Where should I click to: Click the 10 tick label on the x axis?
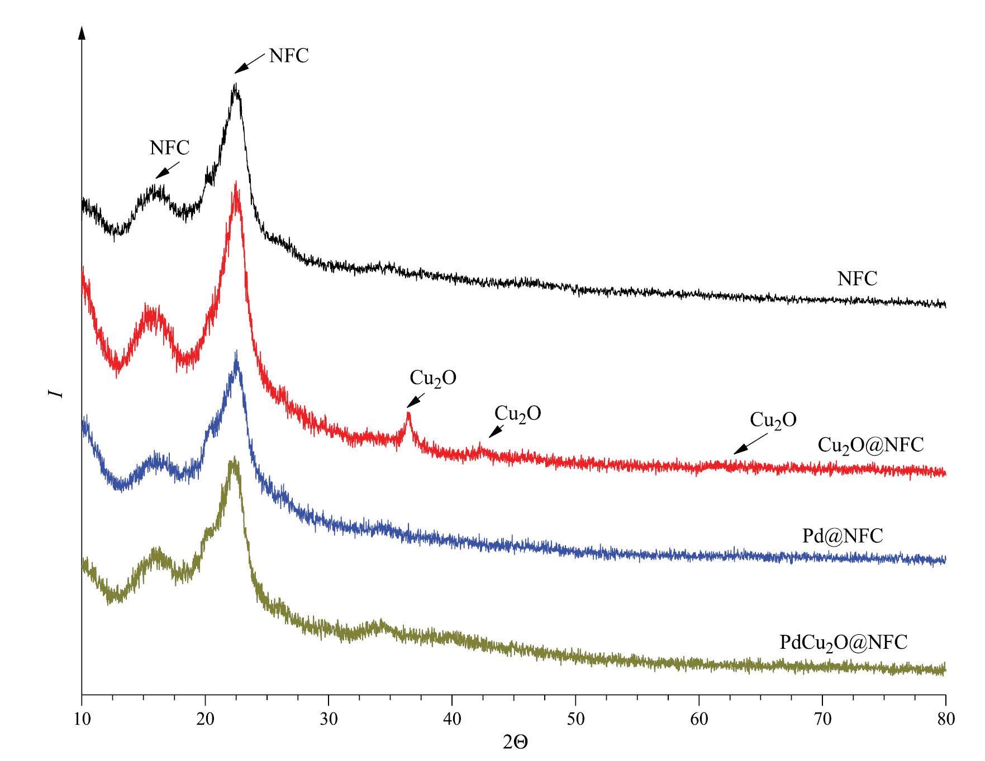[x=82, y=720]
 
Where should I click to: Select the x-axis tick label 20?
[x=205, y=720]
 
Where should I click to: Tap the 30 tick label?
[x=329, y=720]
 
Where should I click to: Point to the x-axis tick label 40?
[x=452, y=720]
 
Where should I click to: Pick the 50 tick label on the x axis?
[x=575, y=720]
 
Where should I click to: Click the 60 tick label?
[x=699, y=720]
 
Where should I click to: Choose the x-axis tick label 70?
[x=822, y=720]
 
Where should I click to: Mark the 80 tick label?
[x=945, y=720]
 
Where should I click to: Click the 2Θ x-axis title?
[x=515, y=743]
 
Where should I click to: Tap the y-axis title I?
[x=56, y=394]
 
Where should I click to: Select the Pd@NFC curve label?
[x=843, y=536]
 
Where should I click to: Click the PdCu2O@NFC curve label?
[x=843, y=643]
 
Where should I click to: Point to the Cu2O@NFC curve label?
[x=870, y=446]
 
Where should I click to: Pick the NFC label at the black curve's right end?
[x=857, y=279]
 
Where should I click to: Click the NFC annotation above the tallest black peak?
[x=289, y=56]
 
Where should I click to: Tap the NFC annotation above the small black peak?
[x=169, y=148]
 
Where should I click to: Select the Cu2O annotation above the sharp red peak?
[x=433, y=379]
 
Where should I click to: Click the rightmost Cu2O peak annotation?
[x=773, y=420]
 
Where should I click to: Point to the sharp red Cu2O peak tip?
[x=408, y=413]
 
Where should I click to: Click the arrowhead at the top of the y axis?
[x=82, y=32]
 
